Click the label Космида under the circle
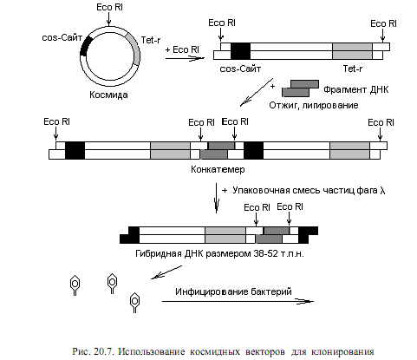[108, 95]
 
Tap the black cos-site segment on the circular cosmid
[85, 46]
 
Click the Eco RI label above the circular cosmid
[110, 7]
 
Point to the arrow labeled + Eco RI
[185, 59]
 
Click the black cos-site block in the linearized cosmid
[240, 51]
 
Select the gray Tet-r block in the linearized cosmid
[352, 51]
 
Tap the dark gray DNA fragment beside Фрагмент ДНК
[300, 88]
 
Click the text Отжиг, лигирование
[314, 105]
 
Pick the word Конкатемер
[218, 169]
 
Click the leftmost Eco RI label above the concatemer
[56, 121]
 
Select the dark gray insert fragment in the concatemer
[218, 150]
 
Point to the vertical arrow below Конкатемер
[217, 198]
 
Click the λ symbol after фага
[382, 191]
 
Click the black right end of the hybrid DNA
[308, 235]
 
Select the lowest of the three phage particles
[134, 303]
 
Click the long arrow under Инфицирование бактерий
[238, 302]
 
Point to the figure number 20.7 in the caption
[104, 351]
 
